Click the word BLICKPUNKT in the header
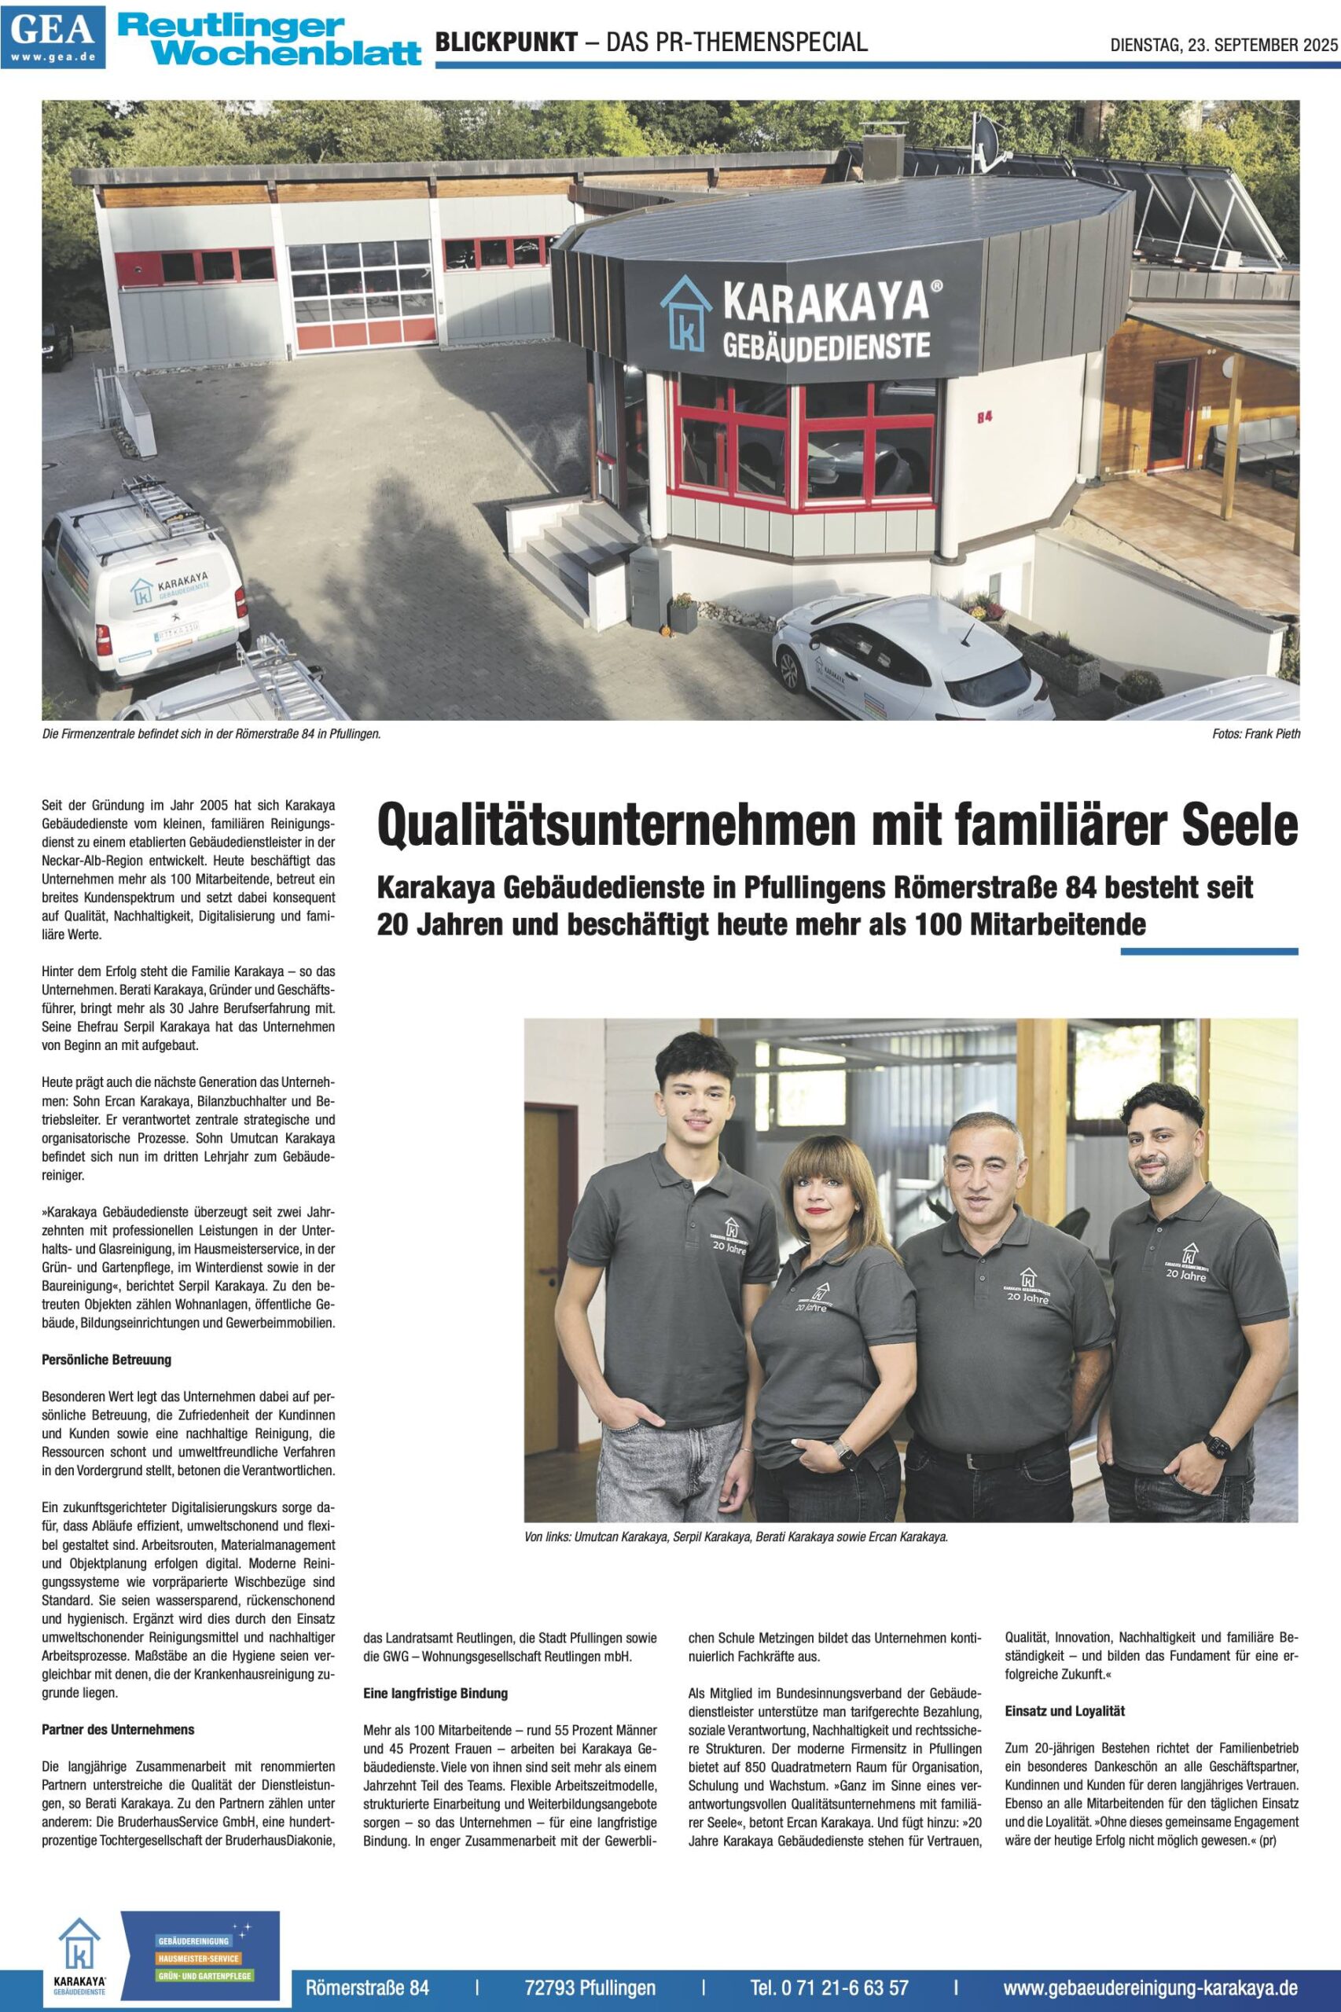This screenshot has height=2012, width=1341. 506,42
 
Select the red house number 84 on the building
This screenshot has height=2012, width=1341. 983,417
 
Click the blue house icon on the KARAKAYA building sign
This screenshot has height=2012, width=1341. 685,313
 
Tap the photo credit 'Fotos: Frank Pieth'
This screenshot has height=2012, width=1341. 1255,733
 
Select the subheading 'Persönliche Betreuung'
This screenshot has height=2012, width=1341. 107,1359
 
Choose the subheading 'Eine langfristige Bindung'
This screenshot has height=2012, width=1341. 435,1692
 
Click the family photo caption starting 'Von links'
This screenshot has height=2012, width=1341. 737,1537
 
